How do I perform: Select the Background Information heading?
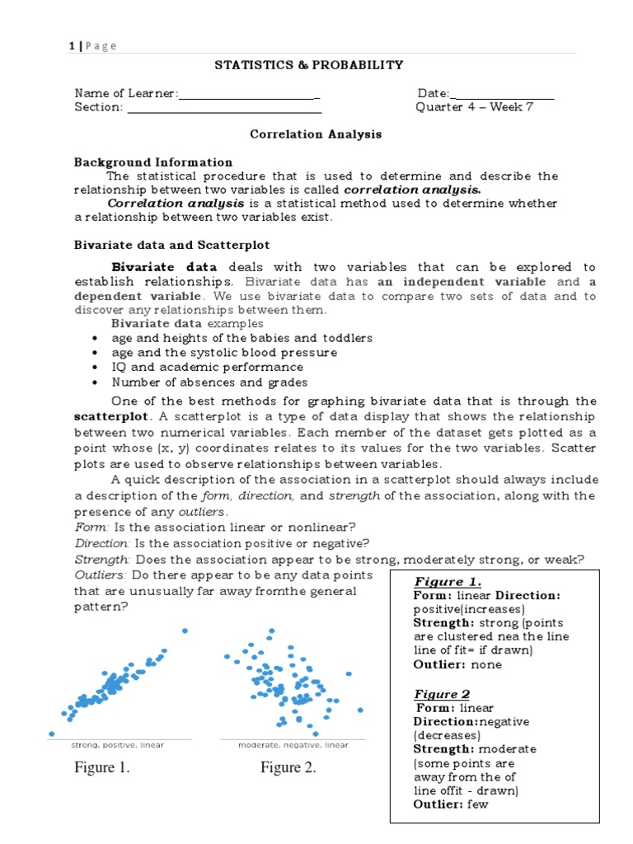[153, 162]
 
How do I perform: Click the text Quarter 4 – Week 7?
[475, 107]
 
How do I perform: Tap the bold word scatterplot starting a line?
[113, 416]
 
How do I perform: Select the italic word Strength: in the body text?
[100, 560]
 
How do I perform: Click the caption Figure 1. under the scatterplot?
[102, 768]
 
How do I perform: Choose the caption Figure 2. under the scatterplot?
[288, 768]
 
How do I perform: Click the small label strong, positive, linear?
[117, 745]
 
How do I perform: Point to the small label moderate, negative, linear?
[293, 745]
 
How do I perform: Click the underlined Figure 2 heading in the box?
[442, 694]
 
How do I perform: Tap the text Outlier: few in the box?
[451, 804]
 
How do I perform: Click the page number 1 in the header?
[73, 46]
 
